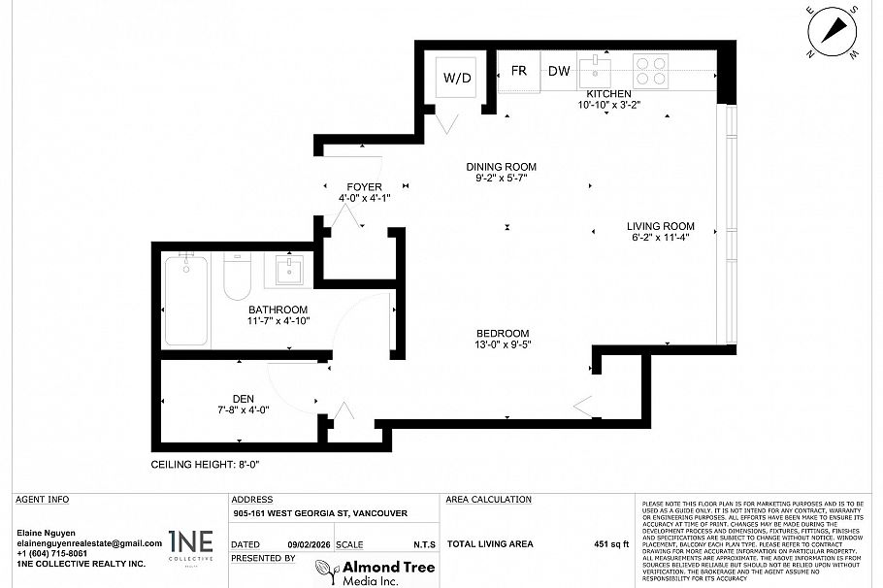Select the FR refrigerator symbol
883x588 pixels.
(x=519, y=71)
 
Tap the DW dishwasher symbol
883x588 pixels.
(x=559, y=71)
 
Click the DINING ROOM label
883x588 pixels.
(x=501, y=167)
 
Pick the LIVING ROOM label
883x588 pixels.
(x=660, y=226)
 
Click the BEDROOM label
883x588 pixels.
(x=502, y=332)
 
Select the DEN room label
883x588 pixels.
(x=243, y=397)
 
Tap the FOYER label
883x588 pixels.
(x=364, y=186)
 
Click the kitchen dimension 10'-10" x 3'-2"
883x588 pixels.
(x=608, y=105)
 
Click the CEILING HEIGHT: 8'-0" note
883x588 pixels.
(x=205, y=465)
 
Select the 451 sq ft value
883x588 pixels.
(x=611, y=545)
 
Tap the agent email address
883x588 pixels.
(x=89, y=543)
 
